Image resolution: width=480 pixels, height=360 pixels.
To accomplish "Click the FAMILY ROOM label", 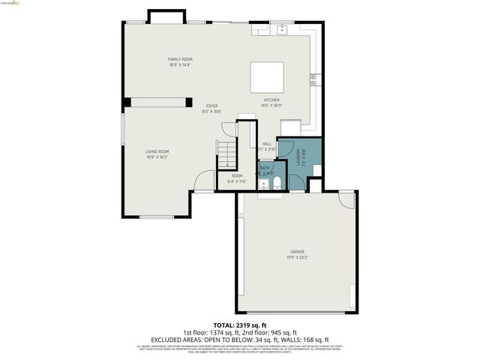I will (180, 59).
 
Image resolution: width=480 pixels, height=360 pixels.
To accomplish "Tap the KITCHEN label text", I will (271, 100).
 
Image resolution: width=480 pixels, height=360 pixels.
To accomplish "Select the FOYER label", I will (212, 106).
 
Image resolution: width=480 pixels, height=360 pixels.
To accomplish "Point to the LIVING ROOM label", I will (157, 151).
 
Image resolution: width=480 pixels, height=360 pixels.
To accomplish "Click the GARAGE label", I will (298, 251).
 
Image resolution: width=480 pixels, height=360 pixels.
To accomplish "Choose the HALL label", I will (266, 143).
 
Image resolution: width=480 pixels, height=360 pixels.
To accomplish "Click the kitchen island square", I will (268, 77).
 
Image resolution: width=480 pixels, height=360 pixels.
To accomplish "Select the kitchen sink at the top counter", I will (283, 30).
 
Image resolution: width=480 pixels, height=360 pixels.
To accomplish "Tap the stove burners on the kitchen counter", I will (313, 79).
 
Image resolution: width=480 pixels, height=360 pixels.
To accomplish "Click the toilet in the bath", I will (276, 184).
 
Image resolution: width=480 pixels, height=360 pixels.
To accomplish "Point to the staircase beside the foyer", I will (226, 154).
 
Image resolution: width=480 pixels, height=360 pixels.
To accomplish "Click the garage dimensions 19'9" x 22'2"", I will (298, 257).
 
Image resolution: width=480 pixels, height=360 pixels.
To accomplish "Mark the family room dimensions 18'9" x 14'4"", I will (180, 65).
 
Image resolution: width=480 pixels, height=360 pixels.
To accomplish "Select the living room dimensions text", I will (157, 157).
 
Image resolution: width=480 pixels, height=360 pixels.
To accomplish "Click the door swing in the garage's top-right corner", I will (346, 199).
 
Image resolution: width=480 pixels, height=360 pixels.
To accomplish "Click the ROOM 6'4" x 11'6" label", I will (237, 178).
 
